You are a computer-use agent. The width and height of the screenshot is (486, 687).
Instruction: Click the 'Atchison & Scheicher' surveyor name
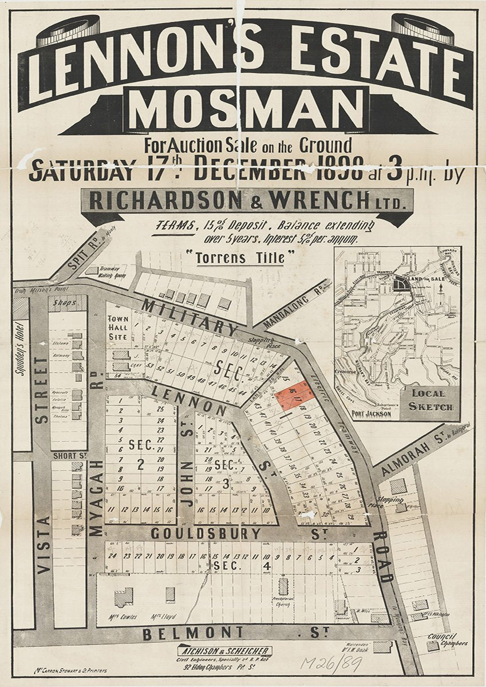click(x=224, y=651)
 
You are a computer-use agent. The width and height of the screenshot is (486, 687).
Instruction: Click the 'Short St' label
click(x=68, y=456)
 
